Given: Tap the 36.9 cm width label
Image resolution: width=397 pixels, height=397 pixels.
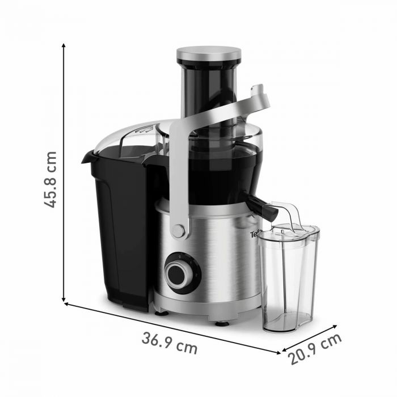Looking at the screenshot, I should (170, 343).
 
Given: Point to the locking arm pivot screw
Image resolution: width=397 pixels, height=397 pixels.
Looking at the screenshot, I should (179, 230).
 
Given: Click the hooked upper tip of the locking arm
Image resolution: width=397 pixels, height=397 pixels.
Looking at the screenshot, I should (260, 89).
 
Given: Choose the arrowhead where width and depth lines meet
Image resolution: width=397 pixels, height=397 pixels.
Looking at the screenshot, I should (278, 352).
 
